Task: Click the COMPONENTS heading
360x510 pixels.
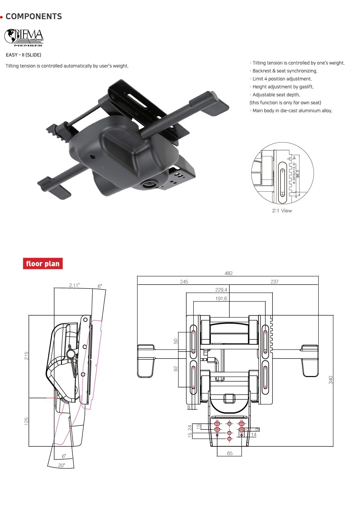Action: (x=33, y=17)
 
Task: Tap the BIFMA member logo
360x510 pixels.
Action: (x=24, y=37)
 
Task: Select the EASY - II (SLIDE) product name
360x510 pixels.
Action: (x=24, y=55)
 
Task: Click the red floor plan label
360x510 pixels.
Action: (x=43, y=264)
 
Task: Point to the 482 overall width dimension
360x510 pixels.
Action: (x=228, y=273)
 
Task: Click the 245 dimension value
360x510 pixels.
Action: (x=184, y=282)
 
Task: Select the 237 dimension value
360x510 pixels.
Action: (x=274, y=282)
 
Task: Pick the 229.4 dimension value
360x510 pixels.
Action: (x=221, y=290)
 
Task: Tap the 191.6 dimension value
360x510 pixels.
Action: (x=221, y=299)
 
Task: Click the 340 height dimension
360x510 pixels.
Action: (x=330, y=380)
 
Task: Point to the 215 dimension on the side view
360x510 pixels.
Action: (x=27, y=356)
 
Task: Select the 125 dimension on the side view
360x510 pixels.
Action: (x=27, y=421)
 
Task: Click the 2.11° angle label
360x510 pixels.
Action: (x=74, y=286)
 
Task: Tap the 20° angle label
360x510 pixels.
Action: (x=62, y=466)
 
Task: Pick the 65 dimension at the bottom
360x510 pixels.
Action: (x=230, y=454)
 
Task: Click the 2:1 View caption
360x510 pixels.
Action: (x=282, y=211)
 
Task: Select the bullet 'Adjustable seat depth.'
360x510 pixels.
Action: (x=276, y=95)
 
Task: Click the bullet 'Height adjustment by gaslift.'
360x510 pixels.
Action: (x=283, y=87)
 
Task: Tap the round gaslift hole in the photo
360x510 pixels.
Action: (x=150, y=183)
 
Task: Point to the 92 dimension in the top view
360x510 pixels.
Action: (x=176, y=369)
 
